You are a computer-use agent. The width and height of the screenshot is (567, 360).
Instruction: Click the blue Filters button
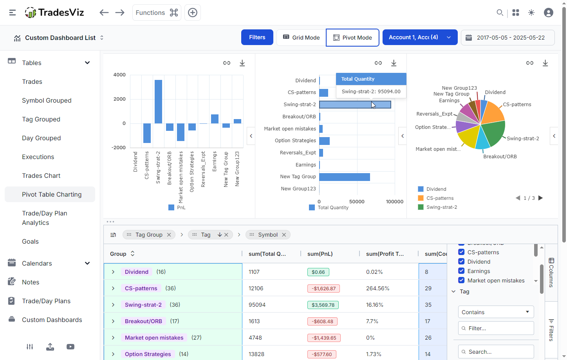pos(257,37)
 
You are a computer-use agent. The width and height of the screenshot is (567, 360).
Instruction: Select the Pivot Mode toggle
pos(352,38)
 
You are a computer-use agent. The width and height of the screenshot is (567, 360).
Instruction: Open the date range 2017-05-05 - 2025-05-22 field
pos(507,38)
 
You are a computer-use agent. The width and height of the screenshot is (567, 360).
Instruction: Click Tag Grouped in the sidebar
pos(41,119)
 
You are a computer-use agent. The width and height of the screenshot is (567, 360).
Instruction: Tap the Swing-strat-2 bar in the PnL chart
pos(158,102)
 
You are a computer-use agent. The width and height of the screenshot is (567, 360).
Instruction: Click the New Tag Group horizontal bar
pos(344,177)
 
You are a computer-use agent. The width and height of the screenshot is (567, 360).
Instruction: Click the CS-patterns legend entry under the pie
pos(440,198)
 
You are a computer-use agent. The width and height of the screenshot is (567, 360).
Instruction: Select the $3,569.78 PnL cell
pos(323,305)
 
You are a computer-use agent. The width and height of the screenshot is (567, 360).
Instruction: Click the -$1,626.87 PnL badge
pos(323,288)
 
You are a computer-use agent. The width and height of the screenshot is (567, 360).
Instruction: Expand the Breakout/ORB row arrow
pos(113,321)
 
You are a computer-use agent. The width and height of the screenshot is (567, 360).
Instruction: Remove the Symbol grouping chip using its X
pos(284,235)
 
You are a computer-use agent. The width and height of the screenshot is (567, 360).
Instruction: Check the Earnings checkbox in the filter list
pos(461,271)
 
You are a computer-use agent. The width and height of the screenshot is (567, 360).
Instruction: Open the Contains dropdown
pos(496,312)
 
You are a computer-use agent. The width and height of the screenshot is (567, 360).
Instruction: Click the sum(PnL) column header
pos(320,254)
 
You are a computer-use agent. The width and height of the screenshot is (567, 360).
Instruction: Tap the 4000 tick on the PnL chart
pos(119,75)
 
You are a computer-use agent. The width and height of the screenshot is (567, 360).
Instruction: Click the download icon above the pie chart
pos(545,63)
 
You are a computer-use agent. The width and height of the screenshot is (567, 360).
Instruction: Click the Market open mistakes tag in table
pos(154,338)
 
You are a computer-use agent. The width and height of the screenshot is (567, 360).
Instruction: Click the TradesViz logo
pos(54,13)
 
